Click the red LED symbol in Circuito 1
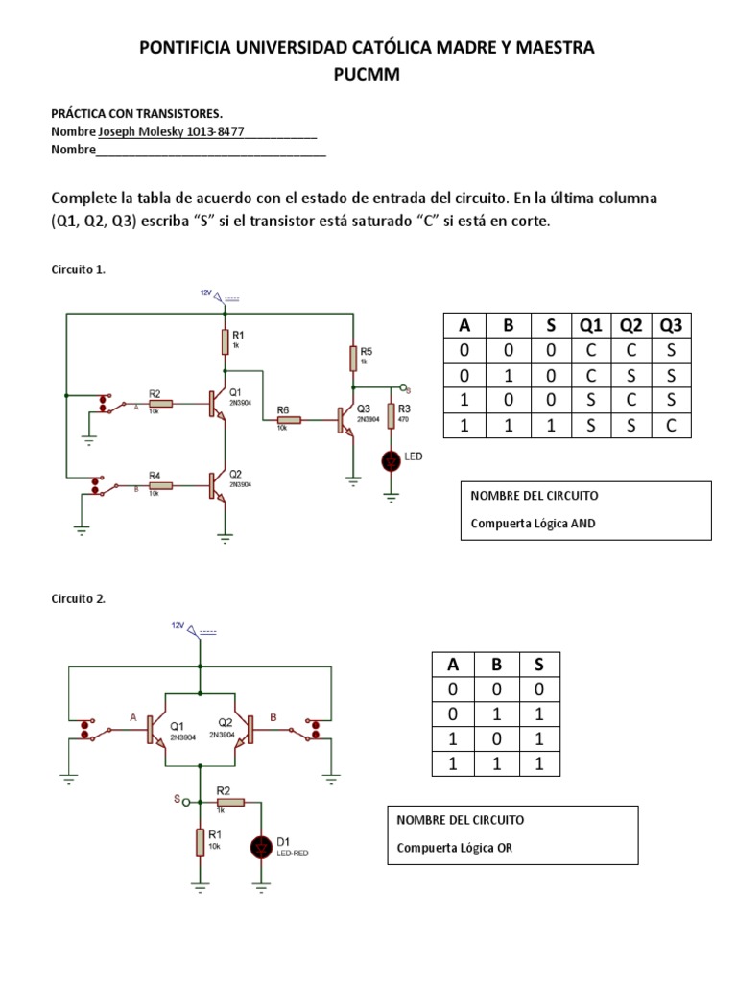392,461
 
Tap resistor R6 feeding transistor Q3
289,419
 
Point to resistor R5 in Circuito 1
354,359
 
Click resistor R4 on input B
161,485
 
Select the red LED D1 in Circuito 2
262,847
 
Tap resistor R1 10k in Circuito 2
200,841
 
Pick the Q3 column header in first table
670,325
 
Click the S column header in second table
538,665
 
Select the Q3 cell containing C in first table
670,425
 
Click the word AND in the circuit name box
581,524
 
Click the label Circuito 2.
78,598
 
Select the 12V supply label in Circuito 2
178,625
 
